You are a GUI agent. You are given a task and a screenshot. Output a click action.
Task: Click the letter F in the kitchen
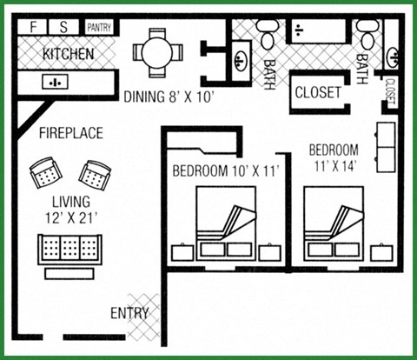[x=34, y=27]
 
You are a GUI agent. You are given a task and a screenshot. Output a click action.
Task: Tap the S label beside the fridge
[x=63, y=27]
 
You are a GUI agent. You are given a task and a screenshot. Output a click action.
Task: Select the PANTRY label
[x=98, y=28]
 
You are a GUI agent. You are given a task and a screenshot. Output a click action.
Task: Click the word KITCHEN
[x=69, y=54]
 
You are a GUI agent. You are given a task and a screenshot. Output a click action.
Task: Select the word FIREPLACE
[x=70, y=133]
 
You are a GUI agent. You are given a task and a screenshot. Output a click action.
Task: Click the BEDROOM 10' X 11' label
[x=224, y=170]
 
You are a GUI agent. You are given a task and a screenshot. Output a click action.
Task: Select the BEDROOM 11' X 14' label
[x=334, y=157]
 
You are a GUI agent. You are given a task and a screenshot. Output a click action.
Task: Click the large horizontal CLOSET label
[x=318, y=91]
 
